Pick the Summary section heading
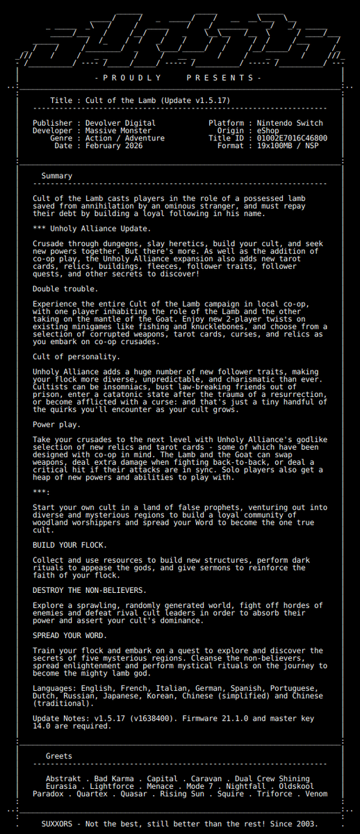[56, 177]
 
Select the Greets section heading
[59, 756]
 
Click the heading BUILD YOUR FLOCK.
[70, 545]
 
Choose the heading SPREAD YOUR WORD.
[70, 635]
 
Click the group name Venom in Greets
[316, 794]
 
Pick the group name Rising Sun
[182, 794]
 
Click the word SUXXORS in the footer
[54, 824]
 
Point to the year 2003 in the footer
[306, 824]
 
